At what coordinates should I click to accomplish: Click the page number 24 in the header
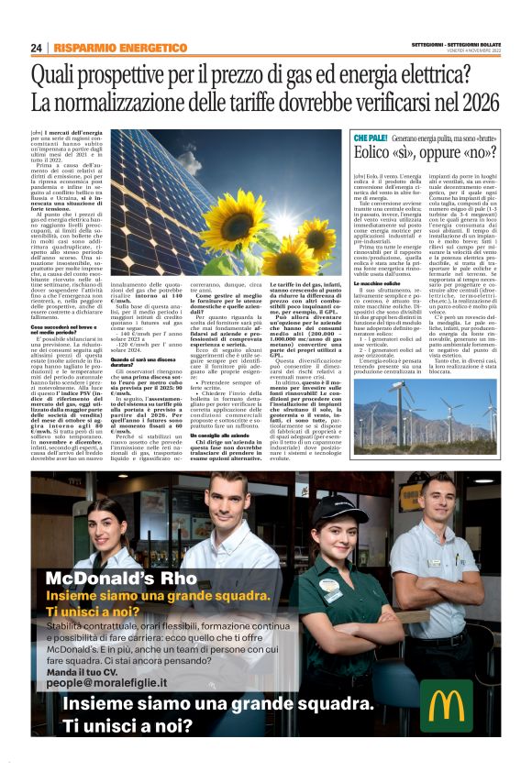click(x=37, y=48)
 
